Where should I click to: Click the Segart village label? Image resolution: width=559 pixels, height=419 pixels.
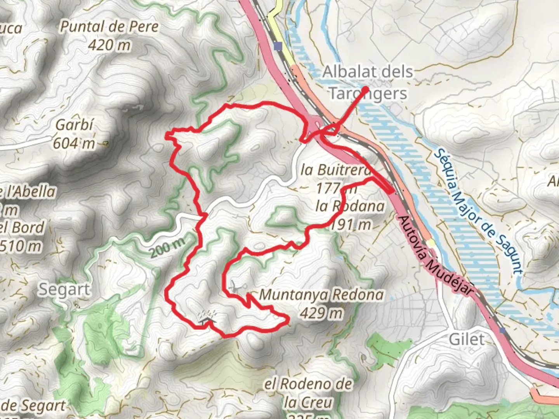pyautogui.click(x=64, y=289)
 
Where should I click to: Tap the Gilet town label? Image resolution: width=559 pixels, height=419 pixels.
pyautogui.click(x=467, y=339)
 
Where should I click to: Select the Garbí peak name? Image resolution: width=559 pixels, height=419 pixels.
pyautogui.click(x=75, y=125)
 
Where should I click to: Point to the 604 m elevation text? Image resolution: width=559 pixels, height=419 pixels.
pyautogui.click(x=74, y=143)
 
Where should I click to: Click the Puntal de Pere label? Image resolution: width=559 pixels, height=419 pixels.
pyautogui.click(x=109, y=27)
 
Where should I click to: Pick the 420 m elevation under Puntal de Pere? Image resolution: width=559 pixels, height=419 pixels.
pyautogui.click(x=109, y=45)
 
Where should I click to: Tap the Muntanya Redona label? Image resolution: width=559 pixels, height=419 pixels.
pyautogui.click(x=321, y=295)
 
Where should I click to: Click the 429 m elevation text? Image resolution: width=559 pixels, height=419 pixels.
pyautogui.click(x=321, y=313)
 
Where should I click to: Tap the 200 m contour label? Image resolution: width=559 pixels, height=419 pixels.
pyautogui.click(x=167, y=248)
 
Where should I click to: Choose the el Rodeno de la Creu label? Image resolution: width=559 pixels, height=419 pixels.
pyautogui.click(x=308, y=393)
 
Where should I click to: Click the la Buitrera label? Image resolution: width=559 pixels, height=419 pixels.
pyautogui.click(x=335, y=170)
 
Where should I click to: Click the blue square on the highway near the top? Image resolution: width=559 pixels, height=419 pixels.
pyautogui.click(x=278, y=47)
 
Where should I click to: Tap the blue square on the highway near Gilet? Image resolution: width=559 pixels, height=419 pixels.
pyautogui.click(x=503, y=330)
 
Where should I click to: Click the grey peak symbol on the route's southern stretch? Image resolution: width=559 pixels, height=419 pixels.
pyautogui.click(x=206, y=318)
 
